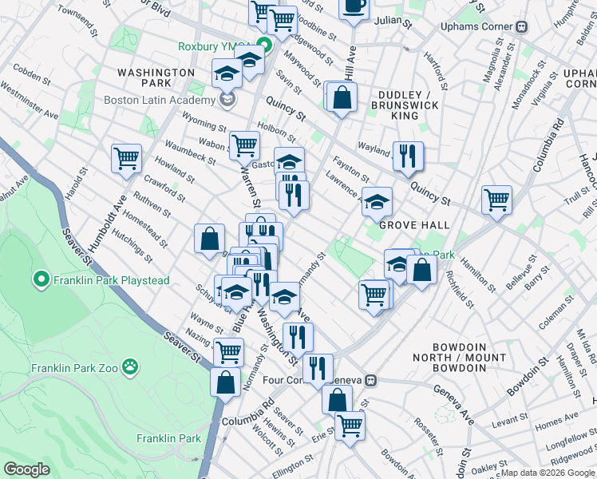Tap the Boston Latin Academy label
click(160, 100)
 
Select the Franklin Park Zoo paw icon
click(129, 368)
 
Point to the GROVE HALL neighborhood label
click(409, 225)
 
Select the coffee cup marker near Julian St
click(354, 6)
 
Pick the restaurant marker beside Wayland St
click(408, 155)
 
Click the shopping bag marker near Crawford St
click(209, 237)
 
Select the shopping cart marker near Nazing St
click(228, 350)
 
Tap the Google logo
click(27, 469)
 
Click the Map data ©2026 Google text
click(548, 472)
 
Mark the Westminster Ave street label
click(30, 104)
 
